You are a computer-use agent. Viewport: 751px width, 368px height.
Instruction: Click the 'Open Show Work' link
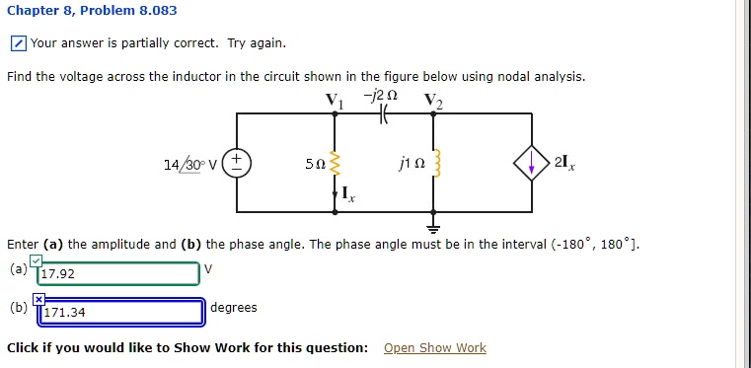434,348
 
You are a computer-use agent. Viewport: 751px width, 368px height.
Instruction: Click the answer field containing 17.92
118,273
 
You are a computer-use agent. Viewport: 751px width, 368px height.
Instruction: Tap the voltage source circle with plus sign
236,163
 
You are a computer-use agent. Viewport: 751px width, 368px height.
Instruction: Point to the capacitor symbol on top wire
384,114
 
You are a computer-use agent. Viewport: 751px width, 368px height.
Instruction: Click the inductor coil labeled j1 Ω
431,163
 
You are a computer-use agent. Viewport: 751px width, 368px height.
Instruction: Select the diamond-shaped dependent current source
533,163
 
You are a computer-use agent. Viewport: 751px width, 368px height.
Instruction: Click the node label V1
331,100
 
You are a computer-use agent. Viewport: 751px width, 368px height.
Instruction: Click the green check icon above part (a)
36,259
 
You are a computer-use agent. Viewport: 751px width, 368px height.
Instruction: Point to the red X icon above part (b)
39,298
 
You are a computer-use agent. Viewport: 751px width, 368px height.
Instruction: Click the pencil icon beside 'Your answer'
19,43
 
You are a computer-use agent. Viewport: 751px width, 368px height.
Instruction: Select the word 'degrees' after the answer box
234,308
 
